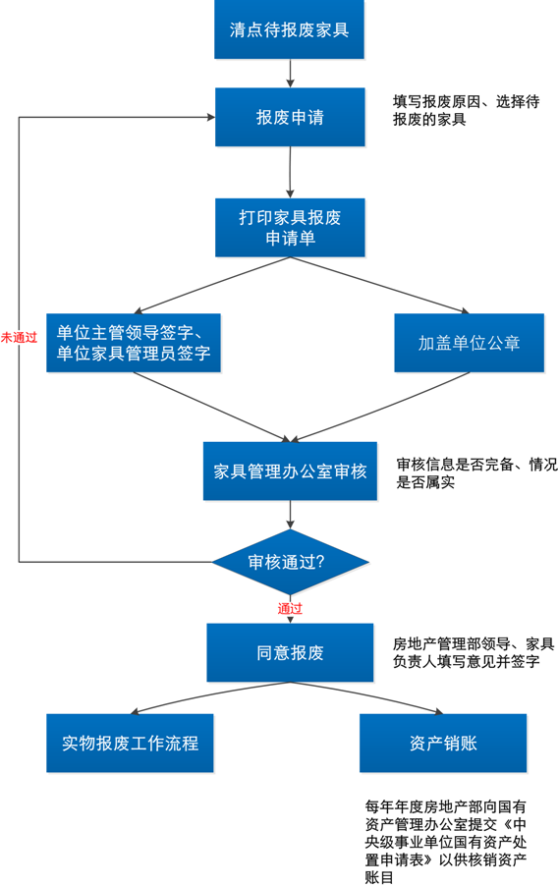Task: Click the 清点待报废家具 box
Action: point(289,29)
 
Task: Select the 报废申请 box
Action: point(290,117)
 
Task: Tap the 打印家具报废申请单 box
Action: point(290,228)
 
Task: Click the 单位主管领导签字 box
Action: point(134,343)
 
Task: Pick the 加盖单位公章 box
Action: point(470,343)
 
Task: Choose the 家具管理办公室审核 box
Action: point(290,471)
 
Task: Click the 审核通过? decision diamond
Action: point(290,562)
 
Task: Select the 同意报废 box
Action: point(290,652)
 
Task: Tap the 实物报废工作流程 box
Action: point(130,743)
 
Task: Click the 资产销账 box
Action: point(443,743)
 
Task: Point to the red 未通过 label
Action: point(19,338)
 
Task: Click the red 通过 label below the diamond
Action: point(290,609)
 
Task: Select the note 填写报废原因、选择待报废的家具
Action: point(466,110)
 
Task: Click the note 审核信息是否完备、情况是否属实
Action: point(476,472)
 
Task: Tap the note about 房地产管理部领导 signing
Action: point(474,652)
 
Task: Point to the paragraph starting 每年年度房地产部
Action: point(446,842)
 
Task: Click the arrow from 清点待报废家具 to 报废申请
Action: point(290,74)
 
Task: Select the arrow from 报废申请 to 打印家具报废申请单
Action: point(290,172)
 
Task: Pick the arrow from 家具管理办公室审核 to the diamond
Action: point(290,514)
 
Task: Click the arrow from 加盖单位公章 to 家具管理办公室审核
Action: point(380,407)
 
